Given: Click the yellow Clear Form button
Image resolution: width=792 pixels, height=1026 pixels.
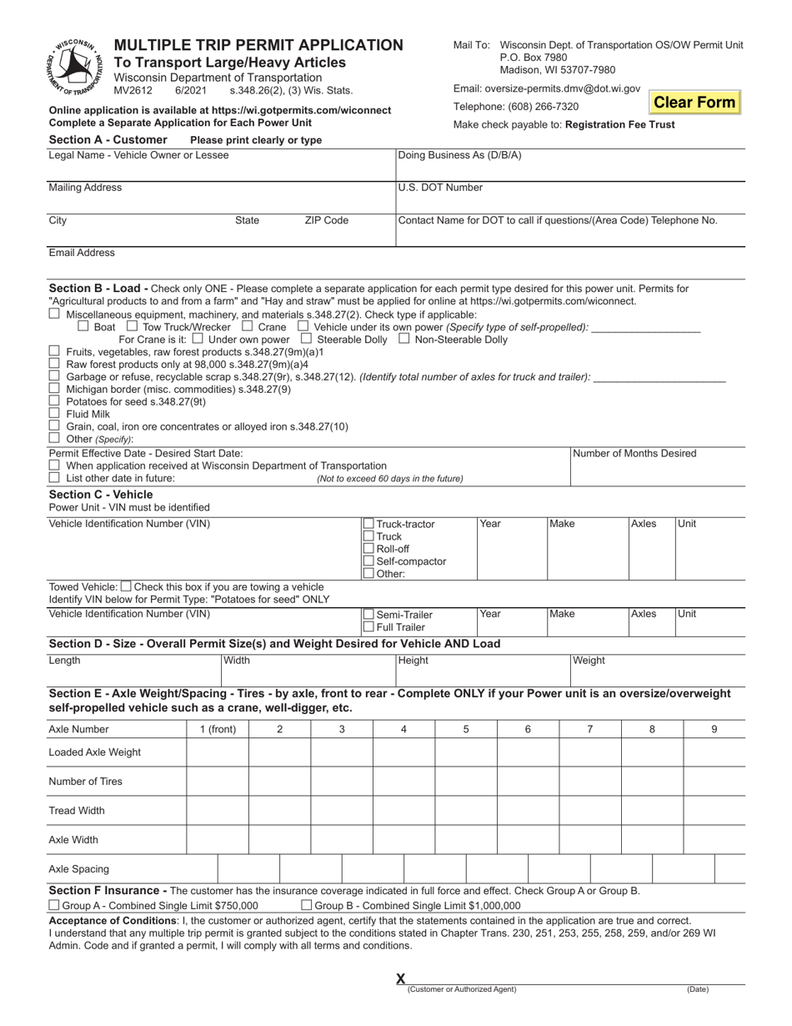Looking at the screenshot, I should tap(694, 103).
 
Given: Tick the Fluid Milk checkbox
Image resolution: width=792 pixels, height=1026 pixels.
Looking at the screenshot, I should tap(55, 413).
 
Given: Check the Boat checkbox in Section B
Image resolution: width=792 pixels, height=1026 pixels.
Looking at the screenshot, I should tap(83, 327).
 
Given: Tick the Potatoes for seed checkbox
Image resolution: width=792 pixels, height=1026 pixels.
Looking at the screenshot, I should tap(55, 400).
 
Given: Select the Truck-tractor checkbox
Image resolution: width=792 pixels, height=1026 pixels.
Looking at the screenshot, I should tap(368, 524).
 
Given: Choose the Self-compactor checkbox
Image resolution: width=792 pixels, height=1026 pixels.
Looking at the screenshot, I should tap(368, 561).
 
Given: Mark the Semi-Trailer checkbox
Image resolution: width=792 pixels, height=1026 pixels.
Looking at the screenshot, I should tap(368, 615).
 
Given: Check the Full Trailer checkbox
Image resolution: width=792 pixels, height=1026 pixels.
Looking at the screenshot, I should tap(368, 627).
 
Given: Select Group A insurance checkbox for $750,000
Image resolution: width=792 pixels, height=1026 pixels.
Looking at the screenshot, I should tap(55, 905).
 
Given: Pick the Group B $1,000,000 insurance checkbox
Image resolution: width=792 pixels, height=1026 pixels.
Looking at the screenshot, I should tap(306, 905).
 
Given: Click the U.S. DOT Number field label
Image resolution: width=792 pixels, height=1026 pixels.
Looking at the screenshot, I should tap(440, 188).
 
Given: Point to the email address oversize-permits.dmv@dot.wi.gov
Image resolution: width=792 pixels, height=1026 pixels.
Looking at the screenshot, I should tap(547, 88).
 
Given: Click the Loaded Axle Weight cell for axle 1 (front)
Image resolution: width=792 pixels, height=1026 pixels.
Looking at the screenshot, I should tap(218, 752).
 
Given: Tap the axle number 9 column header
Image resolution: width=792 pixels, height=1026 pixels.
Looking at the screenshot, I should tap(714, 729).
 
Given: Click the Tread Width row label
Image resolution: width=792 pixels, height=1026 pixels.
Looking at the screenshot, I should tap(77, 811).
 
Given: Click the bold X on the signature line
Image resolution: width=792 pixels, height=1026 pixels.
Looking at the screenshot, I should tap(400, 978).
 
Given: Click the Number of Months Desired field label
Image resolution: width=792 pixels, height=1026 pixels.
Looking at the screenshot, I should tap(634, 454).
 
